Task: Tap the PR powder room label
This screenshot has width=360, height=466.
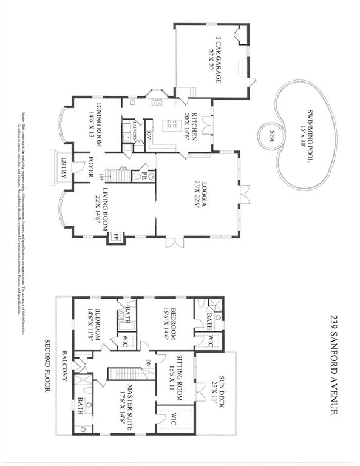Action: tap(143, 176)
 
